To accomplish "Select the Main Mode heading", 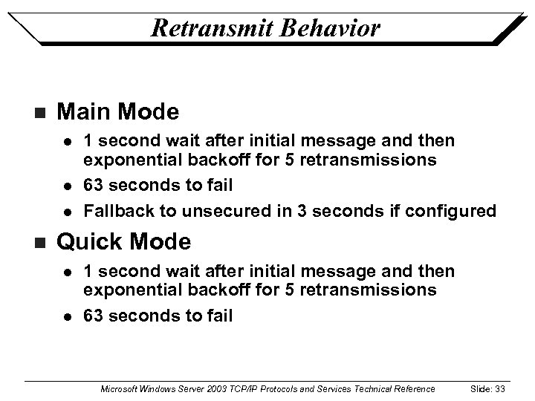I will (117, 112).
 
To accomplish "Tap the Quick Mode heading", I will (123, 242).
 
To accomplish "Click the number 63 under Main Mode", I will (93, 185).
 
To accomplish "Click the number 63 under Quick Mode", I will (93, 316).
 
